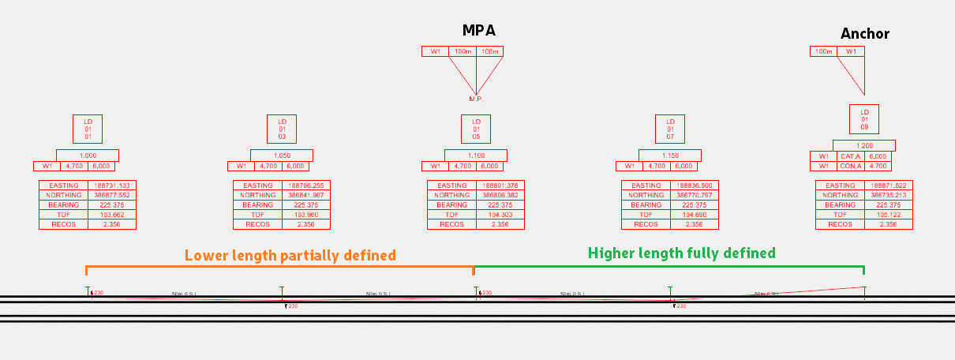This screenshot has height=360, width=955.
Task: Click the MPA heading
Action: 479,31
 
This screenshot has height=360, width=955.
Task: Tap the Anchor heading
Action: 864,33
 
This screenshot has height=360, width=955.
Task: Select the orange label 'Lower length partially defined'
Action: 290,256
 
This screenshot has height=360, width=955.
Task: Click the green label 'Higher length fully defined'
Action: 681,253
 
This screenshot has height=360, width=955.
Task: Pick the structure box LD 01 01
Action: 88,129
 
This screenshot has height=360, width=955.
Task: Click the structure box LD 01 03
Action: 282,129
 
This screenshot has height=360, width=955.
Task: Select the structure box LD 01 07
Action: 670,129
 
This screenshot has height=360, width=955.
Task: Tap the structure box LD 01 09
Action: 864,119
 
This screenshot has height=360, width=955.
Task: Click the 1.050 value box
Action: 282,156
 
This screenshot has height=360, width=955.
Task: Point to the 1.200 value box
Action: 864,146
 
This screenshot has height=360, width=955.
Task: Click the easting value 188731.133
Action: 111,186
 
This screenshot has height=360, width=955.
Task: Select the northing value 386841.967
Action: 305,195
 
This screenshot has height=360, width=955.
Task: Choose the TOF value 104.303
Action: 500,215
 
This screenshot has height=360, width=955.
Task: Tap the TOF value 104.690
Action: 694,215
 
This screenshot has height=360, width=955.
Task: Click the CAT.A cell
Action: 850,156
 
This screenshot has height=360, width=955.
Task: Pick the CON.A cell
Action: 850,166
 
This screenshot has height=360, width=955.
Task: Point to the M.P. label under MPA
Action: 476,99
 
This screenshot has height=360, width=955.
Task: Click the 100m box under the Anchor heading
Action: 823,51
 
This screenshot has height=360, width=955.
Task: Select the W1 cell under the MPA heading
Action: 435,51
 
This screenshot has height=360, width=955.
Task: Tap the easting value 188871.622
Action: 888,186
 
